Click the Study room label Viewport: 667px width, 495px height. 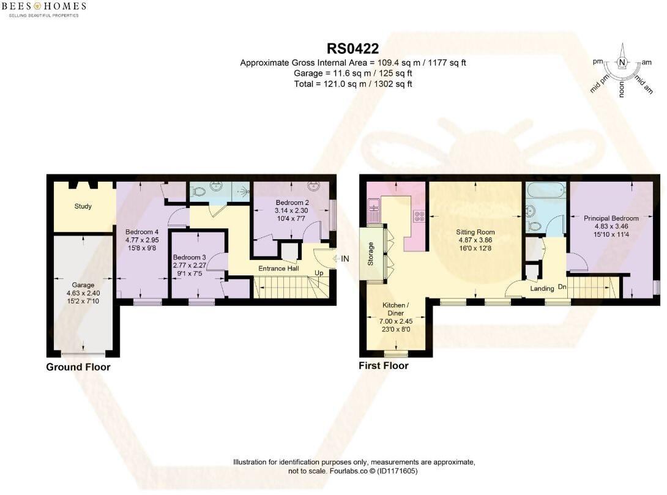click(x=83, y=206)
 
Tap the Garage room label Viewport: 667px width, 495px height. click(x=83, y=285)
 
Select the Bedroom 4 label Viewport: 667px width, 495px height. click(x=142, y=232)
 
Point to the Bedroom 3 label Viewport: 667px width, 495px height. click(x=189, y=257)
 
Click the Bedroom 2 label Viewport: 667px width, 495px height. click(x=293, y=203)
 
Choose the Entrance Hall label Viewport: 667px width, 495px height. click(x=278, y=269)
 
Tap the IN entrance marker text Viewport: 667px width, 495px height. click(x=345, y=259)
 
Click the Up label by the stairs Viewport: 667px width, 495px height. click(x=319, y=273)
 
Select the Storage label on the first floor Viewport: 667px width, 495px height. click(x=370, y=254)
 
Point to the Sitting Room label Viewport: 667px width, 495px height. click(x=475, y=232)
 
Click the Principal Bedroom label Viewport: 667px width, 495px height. click(x=611, y=218)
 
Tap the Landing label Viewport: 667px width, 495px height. click(x=542, y=288)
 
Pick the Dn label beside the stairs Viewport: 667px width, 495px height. click(x=562, y=287)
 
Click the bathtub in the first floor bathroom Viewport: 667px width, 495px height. click(x=546, y=190)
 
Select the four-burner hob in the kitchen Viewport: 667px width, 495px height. click(x=419, y=216)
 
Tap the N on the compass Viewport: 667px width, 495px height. click(x=622, y=62)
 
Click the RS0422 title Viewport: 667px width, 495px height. click(x=352, y=49)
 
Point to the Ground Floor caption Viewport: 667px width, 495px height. click(x=78, y=367)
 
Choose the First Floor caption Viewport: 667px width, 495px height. click(x=384, y=366)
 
